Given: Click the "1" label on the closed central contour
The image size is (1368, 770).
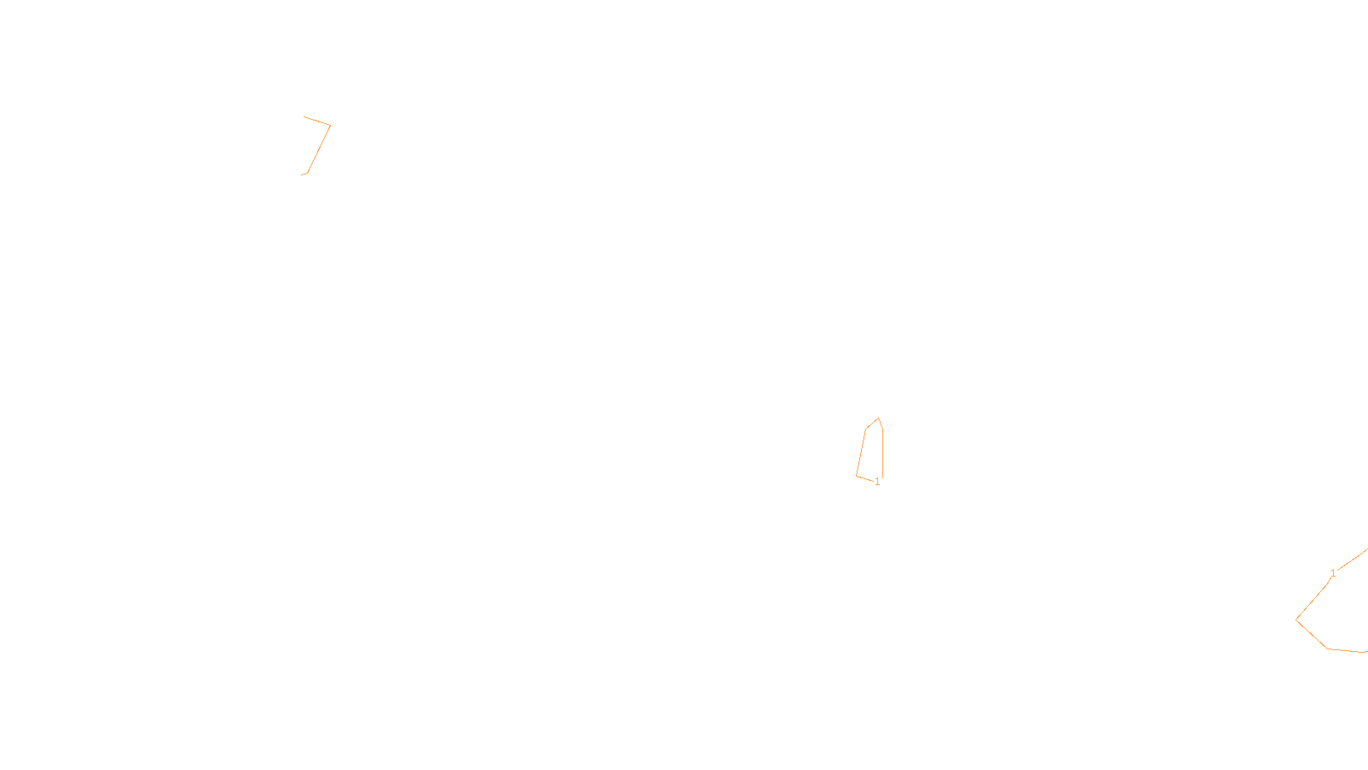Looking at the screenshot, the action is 877,482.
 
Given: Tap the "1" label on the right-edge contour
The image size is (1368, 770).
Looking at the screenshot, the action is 1333,573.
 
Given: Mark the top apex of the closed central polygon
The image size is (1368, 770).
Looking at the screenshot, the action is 878,418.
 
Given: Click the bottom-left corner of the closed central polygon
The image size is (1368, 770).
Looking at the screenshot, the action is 857,476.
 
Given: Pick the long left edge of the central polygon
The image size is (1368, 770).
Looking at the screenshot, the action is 861,452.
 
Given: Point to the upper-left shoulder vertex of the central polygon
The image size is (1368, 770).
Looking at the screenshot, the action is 866,429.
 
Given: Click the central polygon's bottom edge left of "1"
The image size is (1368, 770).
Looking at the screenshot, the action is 864,478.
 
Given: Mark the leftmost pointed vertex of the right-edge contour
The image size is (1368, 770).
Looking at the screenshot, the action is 1296,619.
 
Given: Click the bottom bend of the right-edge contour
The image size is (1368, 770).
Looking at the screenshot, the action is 1327,649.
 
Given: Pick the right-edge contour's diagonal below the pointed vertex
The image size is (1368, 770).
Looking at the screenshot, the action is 1312,633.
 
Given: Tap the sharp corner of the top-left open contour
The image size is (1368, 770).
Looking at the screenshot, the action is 330,126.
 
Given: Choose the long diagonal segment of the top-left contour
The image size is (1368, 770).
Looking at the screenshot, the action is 319,149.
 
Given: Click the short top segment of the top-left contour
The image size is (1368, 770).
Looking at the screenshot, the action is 316,121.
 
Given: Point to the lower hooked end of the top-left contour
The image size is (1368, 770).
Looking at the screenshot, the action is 304,175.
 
